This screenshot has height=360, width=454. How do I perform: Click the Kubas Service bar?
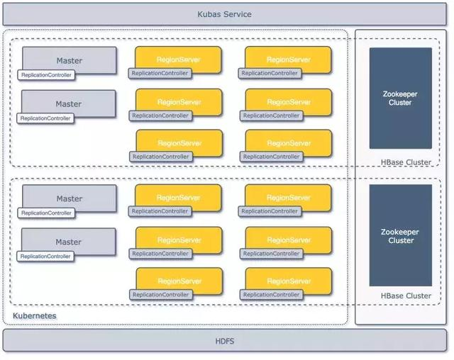tap(224, 14)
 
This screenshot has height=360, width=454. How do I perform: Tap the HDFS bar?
tap(224, 341)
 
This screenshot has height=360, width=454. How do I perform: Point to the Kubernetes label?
tap(35, 315)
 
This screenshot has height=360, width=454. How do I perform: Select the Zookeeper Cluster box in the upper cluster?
tap(400, 98)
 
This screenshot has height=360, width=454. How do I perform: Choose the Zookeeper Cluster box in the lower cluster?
tap(400, 235)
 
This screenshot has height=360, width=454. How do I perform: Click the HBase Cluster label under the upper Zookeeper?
tap(406, 162)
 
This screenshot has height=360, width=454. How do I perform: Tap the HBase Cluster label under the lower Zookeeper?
tap(406, 296)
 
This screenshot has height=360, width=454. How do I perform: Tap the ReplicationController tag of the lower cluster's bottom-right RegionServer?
tap(270, 294)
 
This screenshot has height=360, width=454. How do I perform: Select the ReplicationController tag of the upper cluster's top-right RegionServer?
tap(270, 73)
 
